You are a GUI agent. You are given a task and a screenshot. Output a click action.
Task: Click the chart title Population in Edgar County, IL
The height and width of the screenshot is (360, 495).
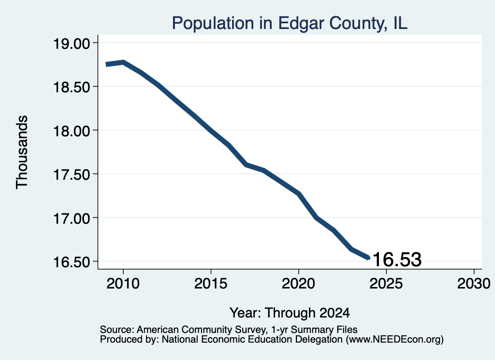click(290, 23)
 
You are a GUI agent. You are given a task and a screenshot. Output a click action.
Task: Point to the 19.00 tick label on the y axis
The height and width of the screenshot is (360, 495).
click(72, 43)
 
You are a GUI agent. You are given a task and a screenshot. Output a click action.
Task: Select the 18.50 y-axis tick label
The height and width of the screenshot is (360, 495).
click(72, 87)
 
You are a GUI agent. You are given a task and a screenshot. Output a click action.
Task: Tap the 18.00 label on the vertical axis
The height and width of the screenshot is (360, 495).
click(72, 130)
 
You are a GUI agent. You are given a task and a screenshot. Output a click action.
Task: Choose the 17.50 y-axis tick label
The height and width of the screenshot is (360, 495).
click(72, 174)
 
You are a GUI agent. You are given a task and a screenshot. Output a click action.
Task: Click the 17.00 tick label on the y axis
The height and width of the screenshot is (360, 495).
click(72, 218)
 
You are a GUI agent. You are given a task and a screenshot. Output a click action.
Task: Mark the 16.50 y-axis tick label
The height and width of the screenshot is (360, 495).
click(72, 261)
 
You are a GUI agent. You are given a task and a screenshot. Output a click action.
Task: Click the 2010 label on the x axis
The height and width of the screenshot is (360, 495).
click(123, 283)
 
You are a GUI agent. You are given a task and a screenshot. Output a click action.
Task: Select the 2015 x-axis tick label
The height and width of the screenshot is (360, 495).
click(211, 283)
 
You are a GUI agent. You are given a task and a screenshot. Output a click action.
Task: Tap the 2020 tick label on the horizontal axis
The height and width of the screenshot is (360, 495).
click(298, 283)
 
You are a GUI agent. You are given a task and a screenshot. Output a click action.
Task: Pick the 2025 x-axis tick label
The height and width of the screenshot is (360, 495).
click(386, 283)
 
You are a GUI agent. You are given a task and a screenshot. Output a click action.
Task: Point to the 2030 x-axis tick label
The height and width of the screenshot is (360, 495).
click(474, 283)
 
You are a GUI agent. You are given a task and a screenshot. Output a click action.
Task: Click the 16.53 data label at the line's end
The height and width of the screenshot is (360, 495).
click(397, 259)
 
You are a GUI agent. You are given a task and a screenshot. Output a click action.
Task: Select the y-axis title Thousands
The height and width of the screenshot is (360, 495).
click(22, 152)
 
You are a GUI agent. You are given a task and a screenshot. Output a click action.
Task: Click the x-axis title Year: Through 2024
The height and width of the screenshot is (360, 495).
click(290, 313)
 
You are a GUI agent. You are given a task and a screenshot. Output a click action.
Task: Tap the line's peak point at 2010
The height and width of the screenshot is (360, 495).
click(123, 62)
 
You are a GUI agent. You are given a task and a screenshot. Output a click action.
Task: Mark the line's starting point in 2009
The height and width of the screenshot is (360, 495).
click(106, 64)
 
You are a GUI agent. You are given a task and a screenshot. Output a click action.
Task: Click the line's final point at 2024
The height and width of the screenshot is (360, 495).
click(368, 258)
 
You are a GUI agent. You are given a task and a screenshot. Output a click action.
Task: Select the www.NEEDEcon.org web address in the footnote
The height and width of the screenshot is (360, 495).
click(394, 339)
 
